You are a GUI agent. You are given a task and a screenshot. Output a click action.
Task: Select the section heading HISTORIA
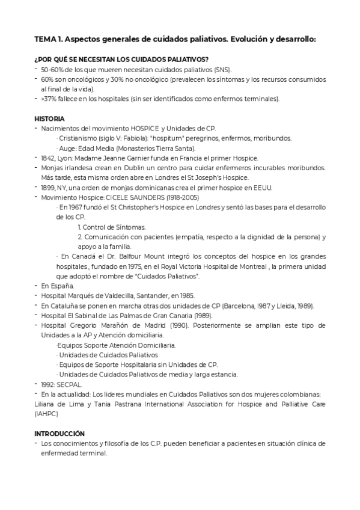49,118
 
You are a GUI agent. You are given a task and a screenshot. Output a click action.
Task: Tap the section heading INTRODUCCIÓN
59,433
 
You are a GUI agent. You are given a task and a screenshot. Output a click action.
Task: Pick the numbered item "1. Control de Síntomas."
112,227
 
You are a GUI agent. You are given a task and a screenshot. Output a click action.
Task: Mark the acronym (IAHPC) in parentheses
46,413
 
